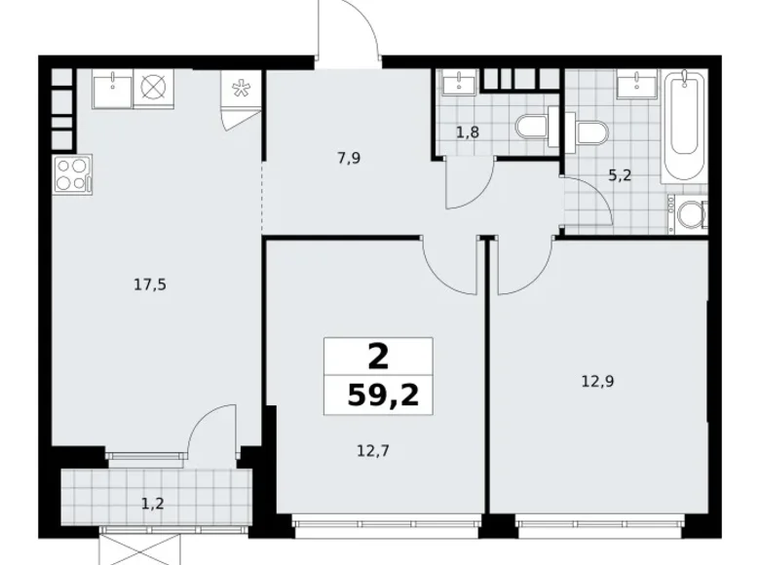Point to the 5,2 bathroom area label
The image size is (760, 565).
tap(621, 176)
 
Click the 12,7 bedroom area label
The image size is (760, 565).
tap(378, 450)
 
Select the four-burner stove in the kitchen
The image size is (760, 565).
tap(71, 176)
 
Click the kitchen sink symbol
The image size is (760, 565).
tap(112, 89)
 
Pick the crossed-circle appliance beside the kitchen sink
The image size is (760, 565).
tap(152, 89)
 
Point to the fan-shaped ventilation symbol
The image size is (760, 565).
tap(240, 89)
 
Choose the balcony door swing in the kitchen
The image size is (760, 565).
tap(209, 430)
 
